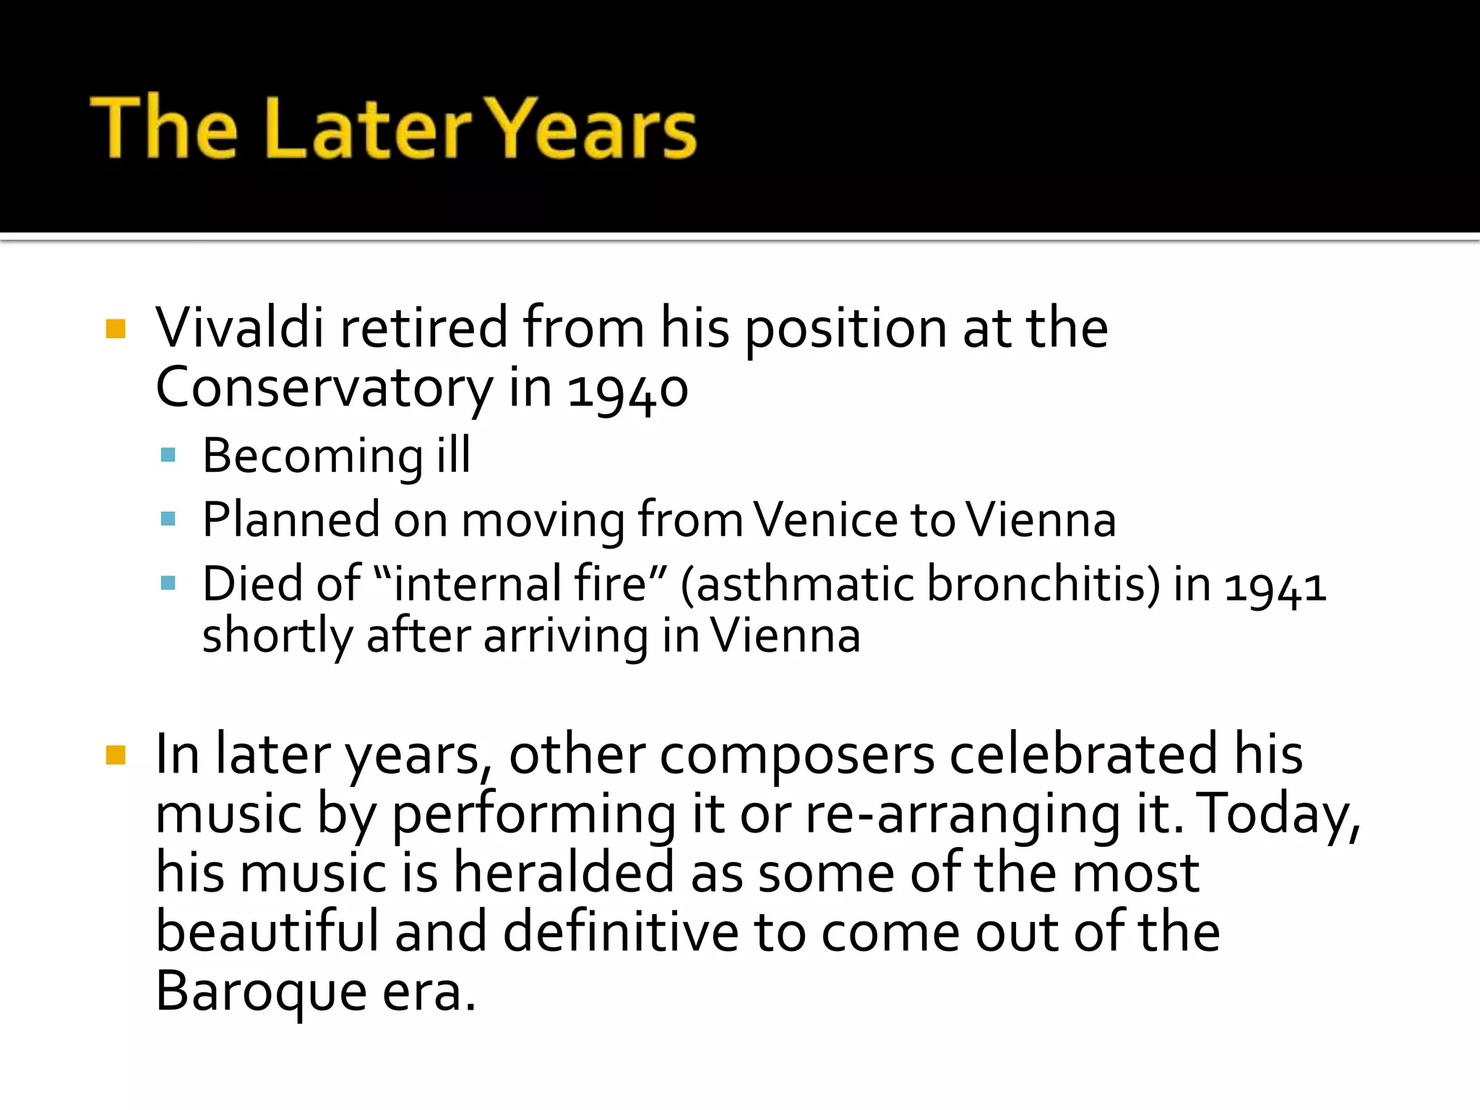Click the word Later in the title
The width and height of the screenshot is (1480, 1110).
click(x=369, y=130)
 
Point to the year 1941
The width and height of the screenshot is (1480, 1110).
click(x=1275, y=585)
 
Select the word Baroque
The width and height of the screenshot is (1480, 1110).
click(x=261, y=991)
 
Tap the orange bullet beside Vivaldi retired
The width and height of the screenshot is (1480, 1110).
click(x=116, y=330)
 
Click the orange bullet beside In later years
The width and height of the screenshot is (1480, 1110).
click(x=116, y=756)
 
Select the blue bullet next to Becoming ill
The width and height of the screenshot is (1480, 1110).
click(x=168, y=455)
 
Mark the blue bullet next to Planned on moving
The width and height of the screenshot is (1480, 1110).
click(x=168, y=519)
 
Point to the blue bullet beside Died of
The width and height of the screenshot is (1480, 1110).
click(x=168, y=582)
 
